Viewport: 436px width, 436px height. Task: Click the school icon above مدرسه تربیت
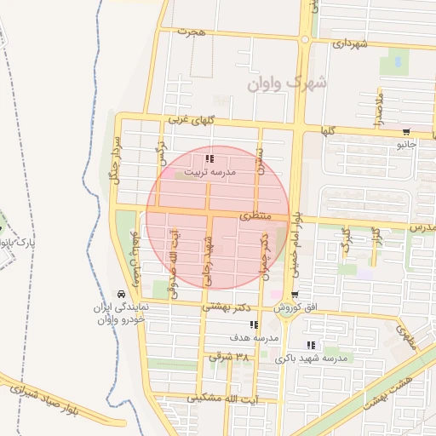tap(210, 158)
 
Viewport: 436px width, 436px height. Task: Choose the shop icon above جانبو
tap(405, 132)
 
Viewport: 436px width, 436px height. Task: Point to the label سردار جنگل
tap(112, 158)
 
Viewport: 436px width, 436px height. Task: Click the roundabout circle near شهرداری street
tap(305, 39)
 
